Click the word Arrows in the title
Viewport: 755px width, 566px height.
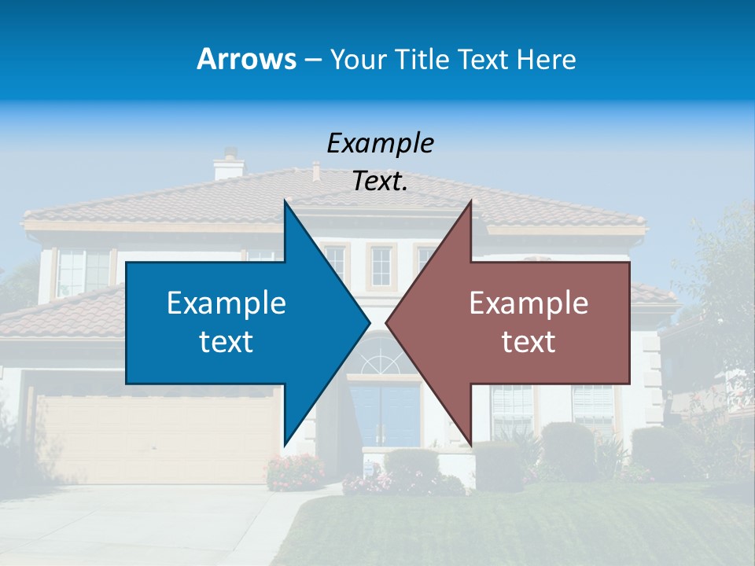pyautogui.click(x=246, y=59)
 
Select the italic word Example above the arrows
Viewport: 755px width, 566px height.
pyautogui.click(x=380, y=144)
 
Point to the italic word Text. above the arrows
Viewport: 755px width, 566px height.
pyautogui.click(x=380, y=182)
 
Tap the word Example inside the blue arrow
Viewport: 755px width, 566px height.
pyautogui.click(x=226, y=303)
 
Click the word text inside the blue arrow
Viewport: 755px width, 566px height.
pyautogui.click(x=226, y=342)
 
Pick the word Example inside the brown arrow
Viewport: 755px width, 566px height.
pyautogui.click(x=528, y=303)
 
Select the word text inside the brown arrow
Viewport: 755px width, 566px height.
pyautogui.click(x=528, y=342)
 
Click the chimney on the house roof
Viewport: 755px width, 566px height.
pyautogui.click(x=229, y=164)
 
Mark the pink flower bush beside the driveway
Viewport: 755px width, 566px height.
pyautogui.click(x=295, y=472)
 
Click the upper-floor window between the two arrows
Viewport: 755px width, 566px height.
pyautogui.click(x=381, y=266)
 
